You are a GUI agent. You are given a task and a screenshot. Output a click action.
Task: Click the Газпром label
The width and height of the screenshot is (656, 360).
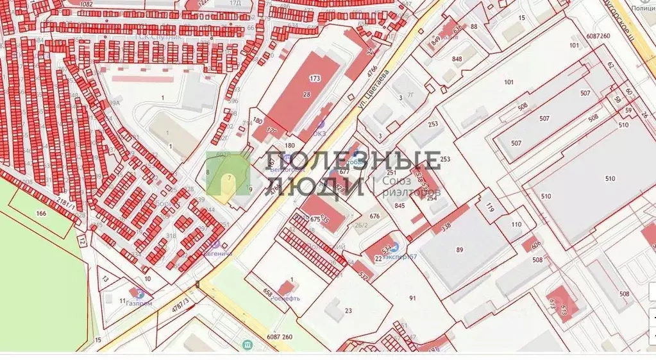[x=139, y=303]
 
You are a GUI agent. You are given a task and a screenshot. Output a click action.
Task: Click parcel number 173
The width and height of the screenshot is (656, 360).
[x=314, y=78]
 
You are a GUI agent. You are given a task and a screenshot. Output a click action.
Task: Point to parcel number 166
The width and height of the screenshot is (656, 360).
[x=41, y=212]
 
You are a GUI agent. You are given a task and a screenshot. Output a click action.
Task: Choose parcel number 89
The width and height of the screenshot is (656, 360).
[x=459, y=250]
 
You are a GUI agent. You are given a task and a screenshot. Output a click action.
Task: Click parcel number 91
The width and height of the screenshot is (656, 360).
[x=412, y=298]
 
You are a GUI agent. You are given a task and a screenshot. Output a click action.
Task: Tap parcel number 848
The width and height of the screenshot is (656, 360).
[x=457, y=59]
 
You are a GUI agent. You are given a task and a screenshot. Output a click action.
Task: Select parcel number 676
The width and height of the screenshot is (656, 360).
[x=375, y=216]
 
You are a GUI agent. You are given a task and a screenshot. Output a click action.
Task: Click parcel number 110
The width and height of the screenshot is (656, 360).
[x=517, y=225]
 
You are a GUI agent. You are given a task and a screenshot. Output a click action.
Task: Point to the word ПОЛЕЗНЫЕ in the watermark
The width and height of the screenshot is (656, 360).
[x=353, y=161]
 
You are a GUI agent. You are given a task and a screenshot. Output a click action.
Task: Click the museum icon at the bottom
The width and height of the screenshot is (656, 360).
[x=247, y=346]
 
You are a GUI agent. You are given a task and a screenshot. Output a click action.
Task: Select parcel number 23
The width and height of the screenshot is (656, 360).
[x=348, y=311]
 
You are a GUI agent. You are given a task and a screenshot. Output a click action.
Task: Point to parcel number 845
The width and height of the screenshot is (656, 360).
[x=399, y=206]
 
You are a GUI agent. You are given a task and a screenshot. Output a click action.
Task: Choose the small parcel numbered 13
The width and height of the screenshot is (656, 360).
[x=105, y=279]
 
